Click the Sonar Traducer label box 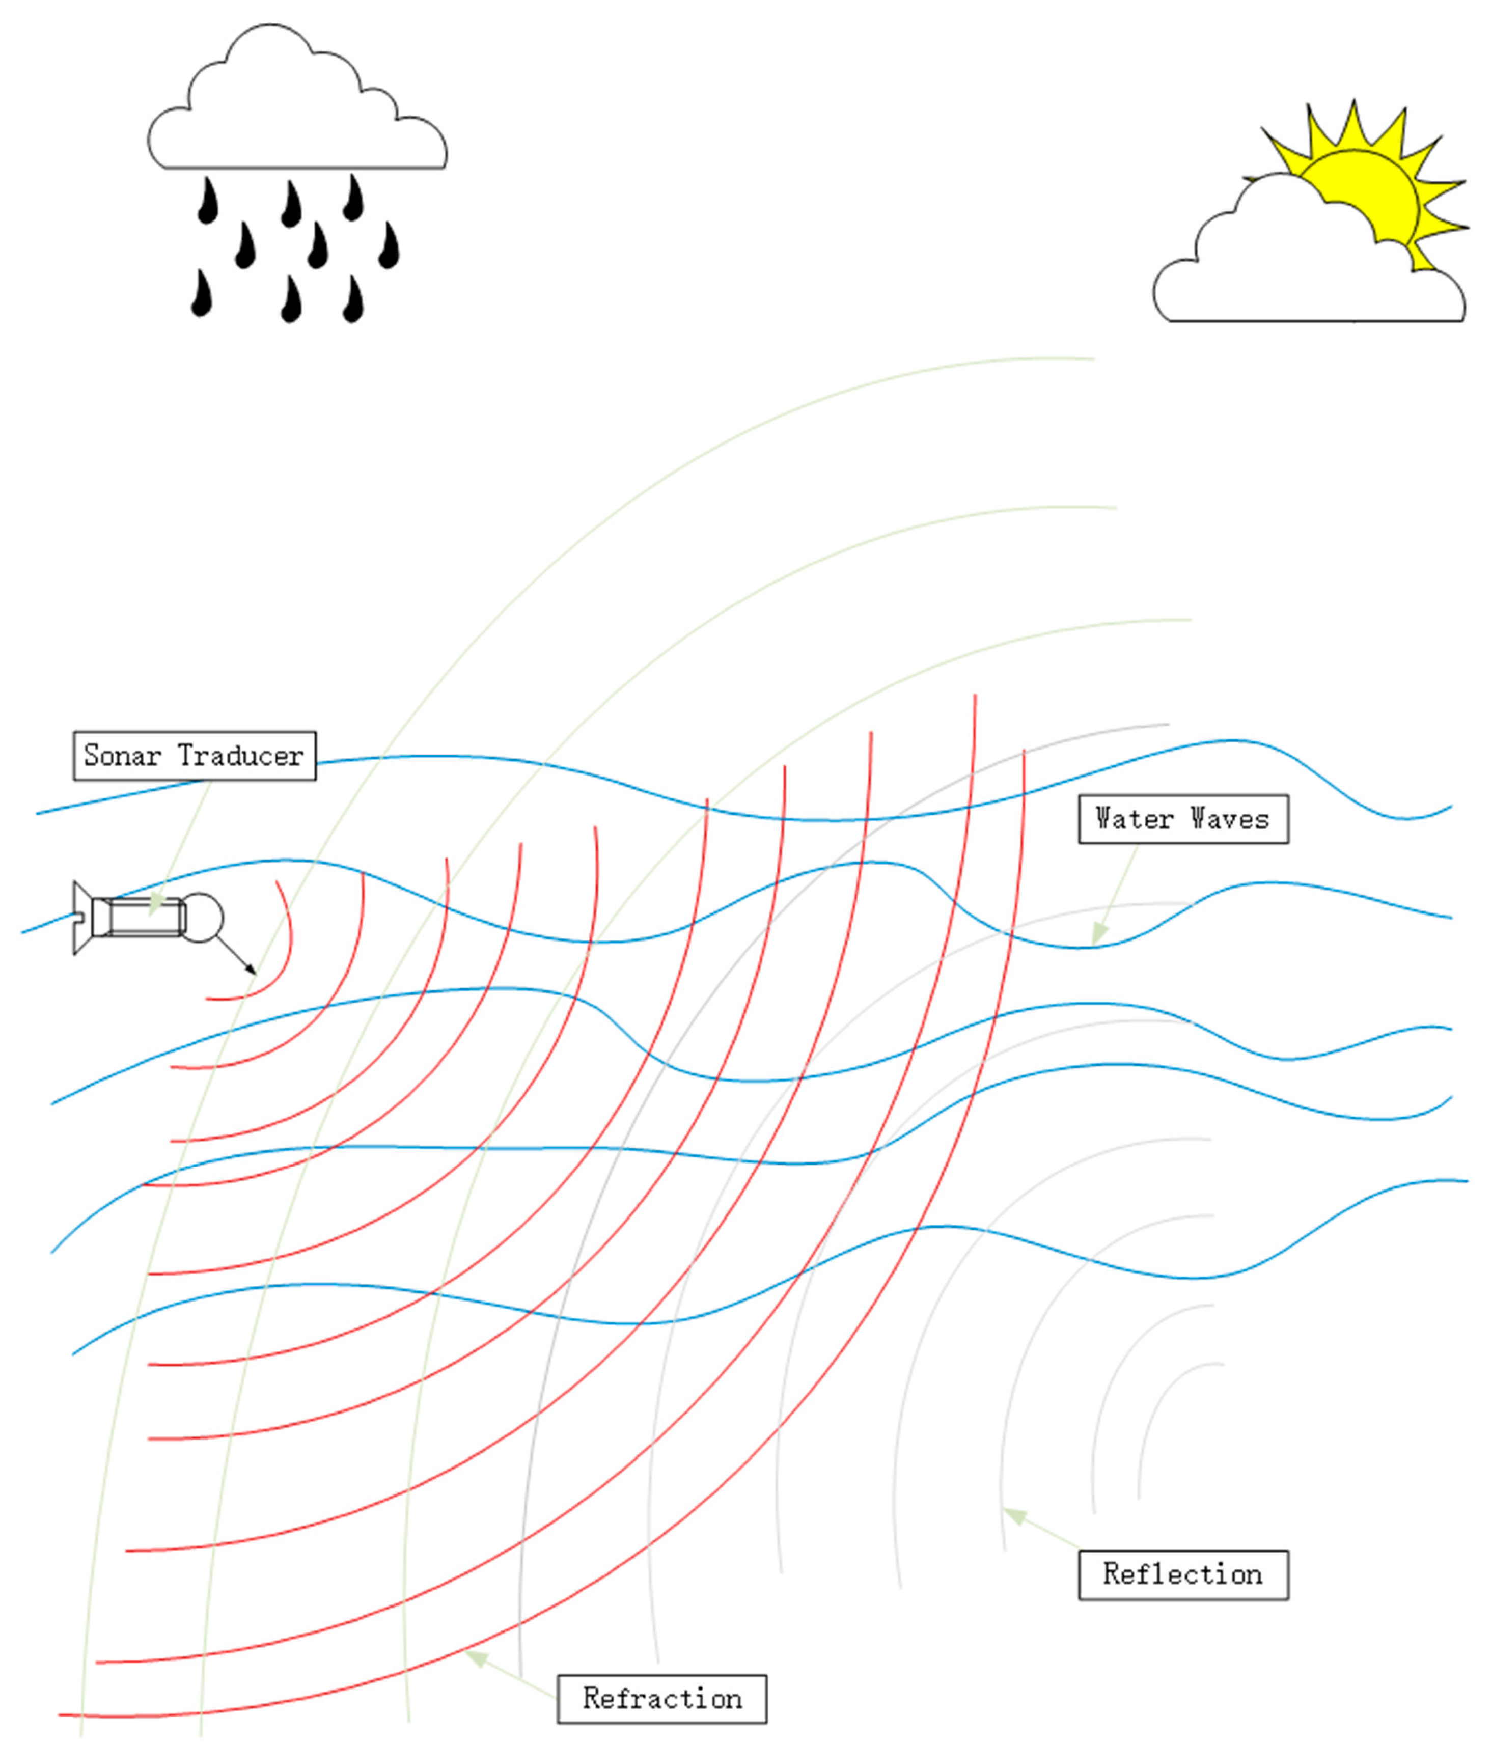pos(195,755)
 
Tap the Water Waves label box pos(1182,818)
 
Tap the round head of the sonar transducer pos(202,918)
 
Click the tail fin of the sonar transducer pos(81,918)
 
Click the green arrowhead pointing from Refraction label pos(477,1657)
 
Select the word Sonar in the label pos(122,755)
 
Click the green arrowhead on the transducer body pos(156,905)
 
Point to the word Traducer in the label pos(241,755)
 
